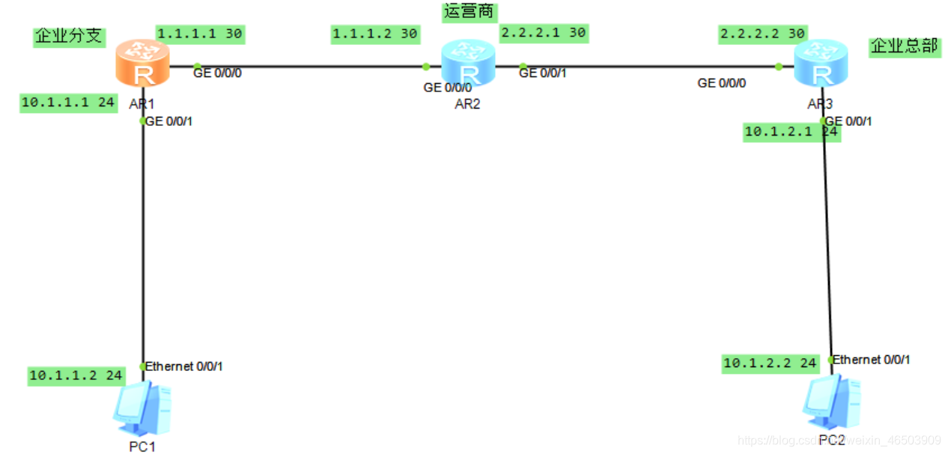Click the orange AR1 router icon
click(x=142, y=64)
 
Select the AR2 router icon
click(x=468, y=64)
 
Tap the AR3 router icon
click(x=821, y=64)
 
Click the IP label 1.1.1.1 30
click(x=200, y=34)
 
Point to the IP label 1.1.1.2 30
click(x=374, y=34)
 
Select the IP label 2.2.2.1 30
click(x=544, y=33)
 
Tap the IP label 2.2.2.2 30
click(x=762, y=34)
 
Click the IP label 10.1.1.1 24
click(x=68, y=103)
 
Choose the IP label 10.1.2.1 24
click(x=791, y=133)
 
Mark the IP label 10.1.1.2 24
click(x=76, y=376)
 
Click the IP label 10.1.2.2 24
click(x=770, y=363)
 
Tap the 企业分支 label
click(x=69, y=37)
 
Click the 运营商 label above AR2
click(x=470, y=12)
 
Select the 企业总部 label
click(x=904, y=46)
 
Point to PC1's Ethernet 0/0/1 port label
click(x=183, y=366)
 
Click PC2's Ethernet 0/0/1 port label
click(x=872, y=360)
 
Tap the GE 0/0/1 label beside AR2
click(x=543, y=73)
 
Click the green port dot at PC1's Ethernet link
click(x=143, y=366)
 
